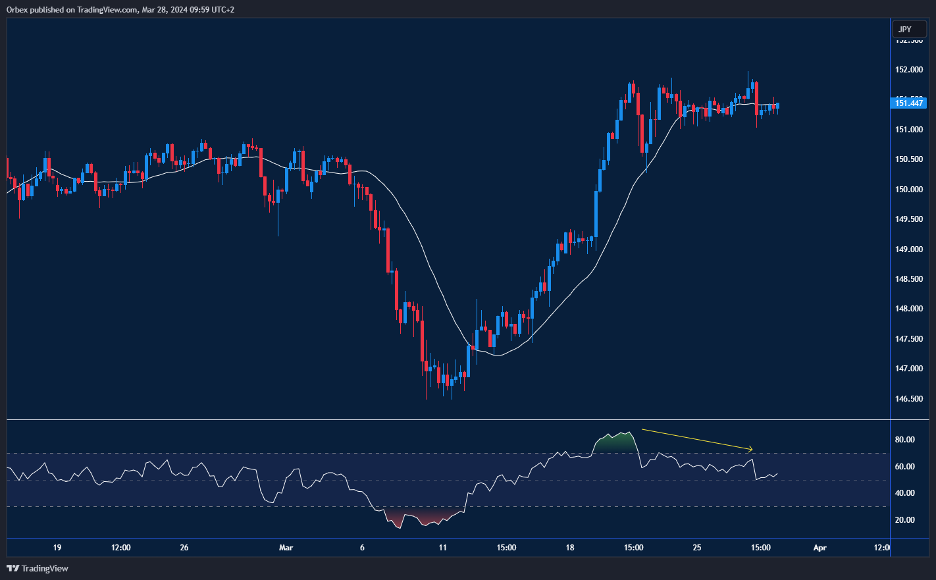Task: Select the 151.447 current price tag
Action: (x=909, y=103)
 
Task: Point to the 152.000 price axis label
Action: (x=908, y=70)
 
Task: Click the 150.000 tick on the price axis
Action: (x=908, y=190)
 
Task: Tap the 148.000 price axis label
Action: (x=908, y=309)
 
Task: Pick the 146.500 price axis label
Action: (x=908, y=399)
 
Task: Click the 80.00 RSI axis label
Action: (x=904, y=440)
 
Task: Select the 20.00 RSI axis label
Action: (x=904, y=520)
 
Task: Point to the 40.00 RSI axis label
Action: (x=904, y=493)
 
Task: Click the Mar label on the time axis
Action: (x=286, y=548)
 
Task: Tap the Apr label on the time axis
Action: (x=819, y=548)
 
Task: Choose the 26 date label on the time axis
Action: (x=184, y=548)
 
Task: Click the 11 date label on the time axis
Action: (x=443, y=548)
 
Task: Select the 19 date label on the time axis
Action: (x=57, y=548)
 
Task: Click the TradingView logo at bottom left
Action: (x=38, y=568)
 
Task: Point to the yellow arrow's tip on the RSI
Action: (x=751, y=450)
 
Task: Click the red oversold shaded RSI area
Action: (x=421, y=517)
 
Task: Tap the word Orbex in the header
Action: (x=16, y=10)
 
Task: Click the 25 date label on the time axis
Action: (x=697, y=548)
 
